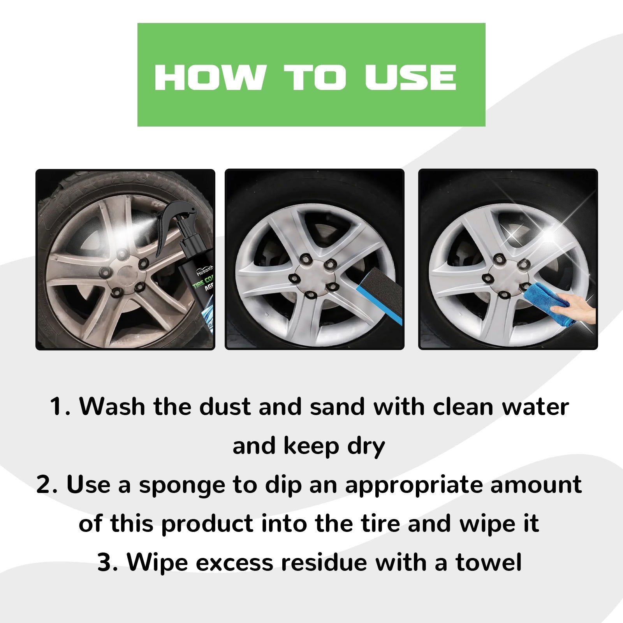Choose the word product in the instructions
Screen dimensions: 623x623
click(x=207, y=524)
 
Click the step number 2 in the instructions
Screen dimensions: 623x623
click(x=45, y=485)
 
